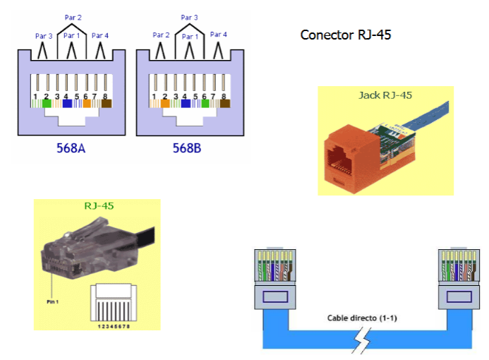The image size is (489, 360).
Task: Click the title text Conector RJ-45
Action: pyautogui.click(x=345, y=35)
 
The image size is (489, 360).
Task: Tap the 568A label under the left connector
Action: pyautogui.click(x=72, y=149)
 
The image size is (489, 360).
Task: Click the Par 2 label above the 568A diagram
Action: pyautogui.click(x=72, y=18)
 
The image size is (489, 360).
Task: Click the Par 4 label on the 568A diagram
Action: pyautogui.click(x=100, y=35)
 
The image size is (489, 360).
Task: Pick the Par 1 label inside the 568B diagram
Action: pyautogui.click(x=189, y=35)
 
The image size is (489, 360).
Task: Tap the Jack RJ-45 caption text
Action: pyautogui.click(x=385, y=95)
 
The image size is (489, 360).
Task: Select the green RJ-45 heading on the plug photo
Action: pyautogui.click(x=99, y=206)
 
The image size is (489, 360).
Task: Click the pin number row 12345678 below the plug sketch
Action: pyautogui.click(x=116, y=325)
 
